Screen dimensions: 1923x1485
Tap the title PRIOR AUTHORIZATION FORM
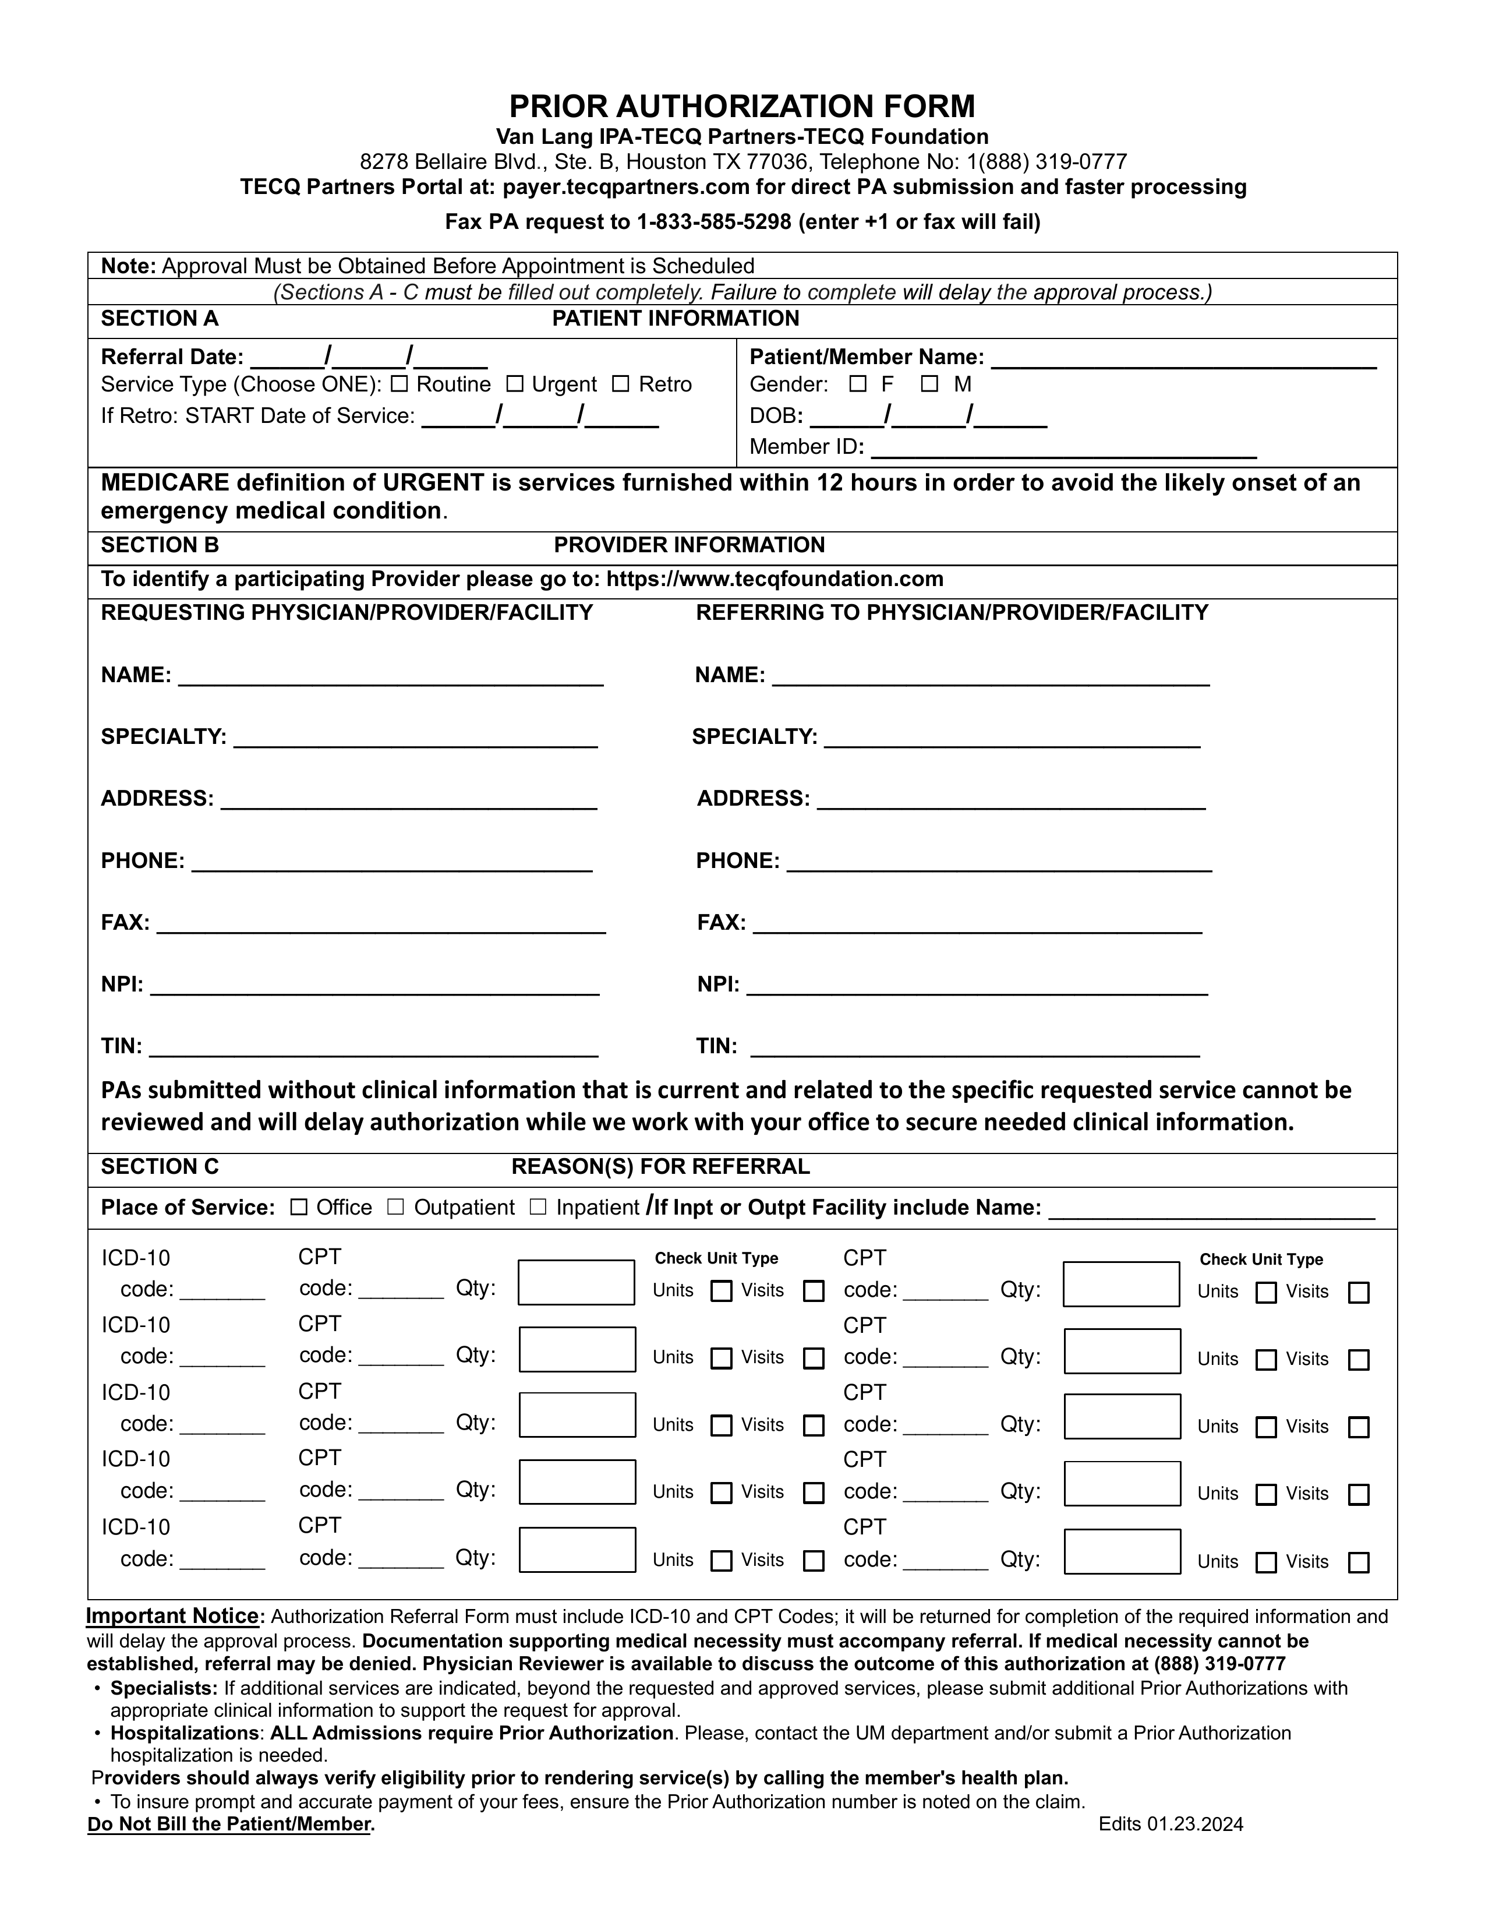[742, 107]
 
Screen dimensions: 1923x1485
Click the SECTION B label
[160, 545]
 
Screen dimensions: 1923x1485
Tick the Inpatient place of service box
[538, 1207]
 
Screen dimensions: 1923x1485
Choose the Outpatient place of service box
[396, 1207]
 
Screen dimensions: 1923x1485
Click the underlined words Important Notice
[172, 1617]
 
